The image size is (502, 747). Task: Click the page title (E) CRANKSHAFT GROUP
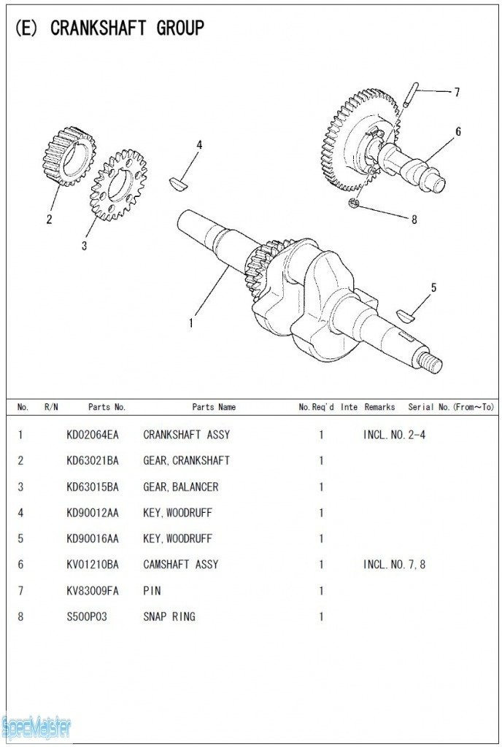[109, 28]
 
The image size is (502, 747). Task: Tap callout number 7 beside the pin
[457, 93]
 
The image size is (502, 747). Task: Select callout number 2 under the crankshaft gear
[50, 219]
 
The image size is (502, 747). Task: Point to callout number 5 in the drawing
[433, 288]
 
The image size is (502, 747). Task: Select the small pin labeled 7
[412, 94]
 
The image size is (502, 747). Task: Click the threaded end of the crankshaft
[431, 362]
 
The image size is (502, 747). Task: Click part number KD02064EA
[92, 435]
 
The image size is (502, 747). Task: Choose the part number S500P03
[86, 616]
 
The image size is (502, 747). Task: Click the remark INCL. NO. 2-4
[394, 435]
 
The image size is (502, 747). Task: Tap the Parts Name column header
[214, 407]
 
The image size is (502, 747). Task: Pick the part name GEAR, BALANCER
[180, 487]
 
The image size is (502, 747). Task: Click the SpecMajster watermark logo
[36, 727]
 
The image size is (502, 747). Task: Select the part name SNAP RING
[169, 616]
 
